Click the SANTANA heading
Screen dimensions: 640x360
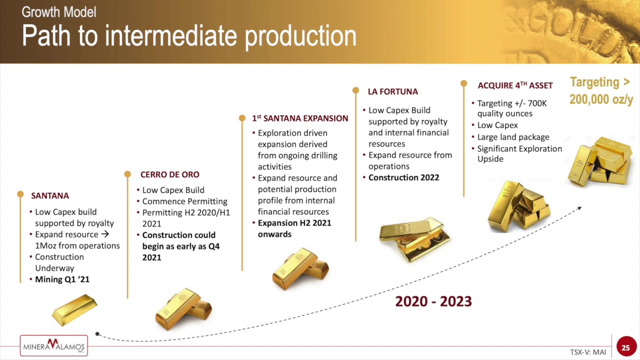pos(50,195)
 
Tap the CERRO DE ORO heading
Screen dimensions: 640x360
pos(169,174)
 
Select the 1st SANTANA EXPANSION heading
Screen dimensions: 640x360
pos(300,118)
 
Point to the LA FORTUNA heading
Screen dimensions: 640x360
pos(392,91)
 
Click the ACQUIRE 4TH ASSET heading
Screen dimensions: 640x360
pos(515,85)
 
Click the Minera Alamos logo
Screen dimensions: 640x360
pos(53,345)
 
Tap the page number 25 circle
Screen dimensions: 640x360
pos(625,347)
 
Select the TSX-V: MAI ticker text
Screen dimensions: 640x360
pos(588,352)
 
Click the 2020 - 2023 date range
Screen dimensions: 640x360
pos(433,301)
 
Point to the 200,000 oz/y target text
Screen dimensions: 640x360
pos(601,99)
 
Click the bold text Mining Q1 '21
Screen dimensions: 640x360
pos(62,279)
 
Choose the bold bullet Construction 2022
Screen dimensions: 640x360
pos(403,177)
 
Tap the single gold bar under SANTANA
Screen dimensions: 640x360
pos(75,310)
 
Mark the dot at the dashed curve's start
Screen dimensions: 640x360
pos(97,333)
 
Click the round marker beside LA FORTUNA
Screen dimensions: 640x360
pos(355,90)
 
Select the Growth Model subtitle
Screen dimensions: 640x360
pos(59,12)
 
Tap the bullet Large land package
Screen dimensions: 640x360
pos(513,137)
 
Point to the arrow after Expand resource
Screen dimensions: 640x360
pos(105,234)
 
